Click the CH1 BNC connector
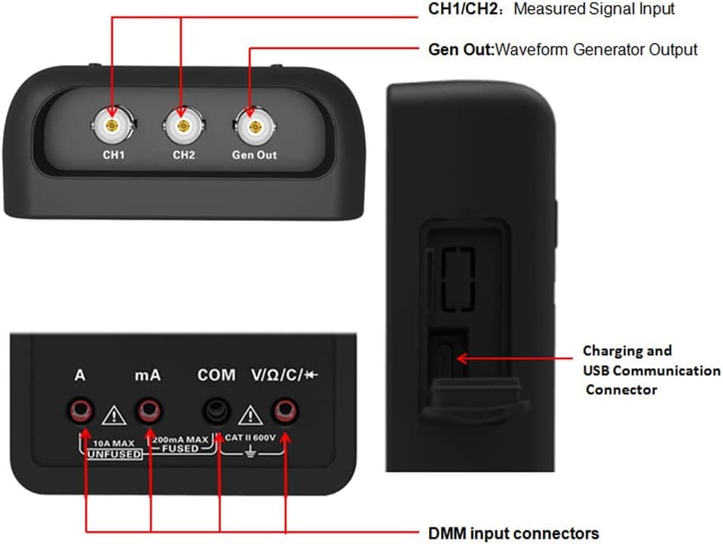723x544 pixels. [112, 125]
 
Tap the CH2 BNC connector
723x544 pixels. [183, 126]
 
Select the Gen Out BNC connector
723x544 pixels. [255, 127]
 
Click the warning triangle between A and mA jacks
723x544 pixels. [114, 416]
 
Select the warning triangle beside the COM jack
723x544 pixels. [250, 416]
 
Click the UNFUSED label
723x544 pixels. [115, 454]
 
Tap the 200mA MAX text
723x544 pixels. [180, 440]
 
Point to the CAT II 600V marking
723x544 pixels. [250, 438]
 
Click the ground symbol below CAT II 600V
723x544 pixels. [250, 452]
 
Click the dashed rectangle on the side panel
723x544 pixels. [458, 279]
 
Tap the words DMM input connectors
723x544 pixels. [513, 533]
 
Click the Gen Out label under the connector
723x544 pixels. [255, 155]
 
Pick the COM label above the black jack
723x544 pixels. [216, 375]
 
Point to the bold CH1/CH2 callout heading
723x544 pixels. [463, 9]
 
